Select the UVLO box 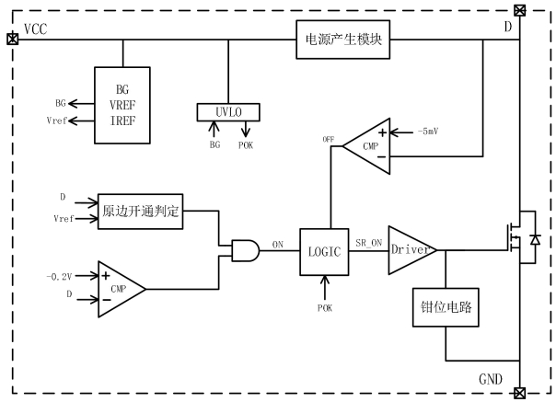pyautogui.click(x=228, y=112)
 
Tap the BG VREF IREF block pyautogui.click(x=121, y=104)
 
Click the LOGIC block pyautogui.click(x=325, y=249)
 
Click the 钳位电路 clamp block pyautogui.click(x=445, y=306)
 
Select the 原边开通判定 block pyautogui.click(x=139, y=212)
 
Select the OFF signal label pyautogui.click(x=329, y=139)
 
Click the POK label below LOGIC pyautogui.click(x=325, y=306)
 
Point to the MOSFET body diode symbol pyautogui.click(x=534, y=239)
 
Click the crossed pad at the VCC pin pyautogui.click(x=12, y=39)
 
